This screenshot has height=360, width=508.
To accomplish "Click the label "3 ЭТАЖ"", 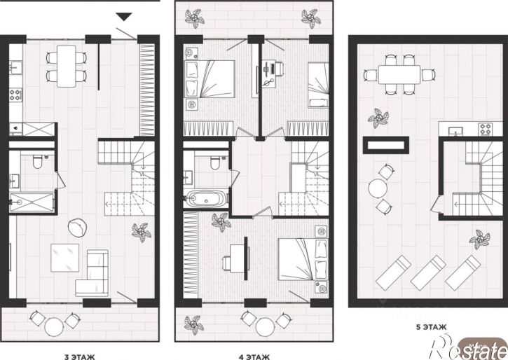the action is pyautogui.click(x=80, y=357).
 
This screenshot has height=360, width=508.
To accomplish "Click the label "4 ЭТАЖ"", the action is pyautogui.click(x=254, y=357).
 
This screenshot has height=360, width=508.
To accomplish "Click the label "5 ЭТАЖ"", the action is pyautogui.click(x=431, y=327).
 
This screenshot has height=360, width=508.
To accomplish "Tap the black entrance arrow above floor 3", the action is pyautogui.click(x=125, y=17).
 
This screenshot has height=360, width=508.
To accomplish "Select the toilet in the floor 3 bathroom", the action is pyautogui.click(x=37, y=162).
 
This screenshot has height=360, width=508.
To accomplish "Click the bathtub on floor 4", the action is pyautogui.click(x=207, y=198).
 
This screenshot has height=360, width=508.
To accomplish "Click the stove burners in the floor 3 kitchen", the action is pyautogui.click(x=15, y=95).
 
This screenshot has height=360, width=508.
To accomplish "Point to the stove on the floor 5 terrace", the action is pyautogui.click(x=486, y=129).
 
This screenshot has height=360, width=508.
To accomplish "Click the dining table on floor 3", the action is pyautogui.click(x=67, y=66).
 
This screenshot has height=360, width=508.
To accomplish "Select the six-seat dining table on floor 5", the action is pyautogui.click(x=399, y=75).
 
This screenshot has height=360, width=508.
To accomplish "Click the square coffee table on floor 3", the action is pyautogui.click(x=64, y=258).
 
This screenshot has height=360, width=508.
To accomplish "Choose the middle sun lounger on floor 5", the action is pyautogui.click(x=428, y=272).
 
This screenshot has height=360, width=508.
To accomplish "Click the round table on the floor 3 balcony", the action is pyautogui.click(x=54, y=327).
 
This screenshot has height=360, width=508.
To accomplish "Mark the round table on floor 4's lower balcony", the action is pyautogui.click(x=266, y=327).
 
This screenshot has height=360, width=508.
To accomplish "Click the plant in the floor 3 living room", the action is pyautogui.click(x=142, y=232).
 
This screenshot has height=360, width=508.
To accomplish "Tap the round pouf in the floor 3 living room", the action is pyautogui.click(x=78, y=227).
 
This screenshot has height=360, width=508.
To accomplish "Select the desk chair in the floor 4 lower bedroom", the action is pyautogui.click(x=226, y=263).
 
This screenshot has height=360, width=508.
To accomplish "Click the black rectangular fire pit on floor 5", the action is pyautogui.click(x=386, y=145).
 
